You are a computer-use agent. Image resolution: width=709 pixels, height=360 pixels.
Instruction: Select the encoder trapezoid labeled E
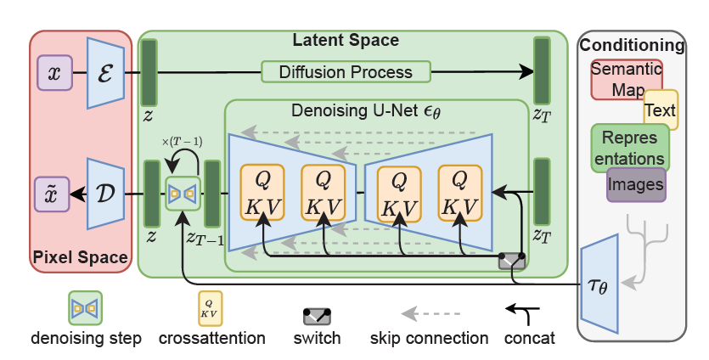pyautogui.click(x=106, y=73)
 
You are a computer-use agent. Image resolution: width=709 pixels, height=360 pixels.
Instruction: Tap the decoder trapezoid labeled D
pyautogui.click(x=106, y=194)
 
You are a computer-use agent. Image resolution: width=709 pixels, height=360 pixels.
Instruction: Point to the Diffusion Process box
pyautogui.click(x=340, y=72)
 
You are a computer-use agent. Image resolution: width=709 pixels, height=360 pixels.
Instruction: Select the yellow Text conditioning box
pyautogui.click(x=661, y=110)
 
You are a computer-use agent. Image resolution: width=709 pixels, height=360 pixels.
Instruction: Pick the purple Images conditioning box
pyautogui.click(x=636, y=184)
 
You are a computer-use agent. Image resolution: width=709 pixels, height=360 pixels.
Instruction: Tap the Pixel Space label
pyautogui.click(x=81, y=256)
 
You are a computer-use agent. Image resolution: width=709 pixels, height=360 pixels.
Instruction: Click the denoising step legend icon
pyautogui.click(x=85, y=308)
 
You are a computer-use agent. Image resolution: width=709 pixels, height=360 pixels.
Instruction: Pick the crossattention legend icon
pyautogui.click(x=211, y=308)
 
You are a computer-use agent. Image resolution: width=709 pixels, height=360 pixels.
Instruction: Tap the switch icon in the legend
pyautogui.click(x=317, y=315)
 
